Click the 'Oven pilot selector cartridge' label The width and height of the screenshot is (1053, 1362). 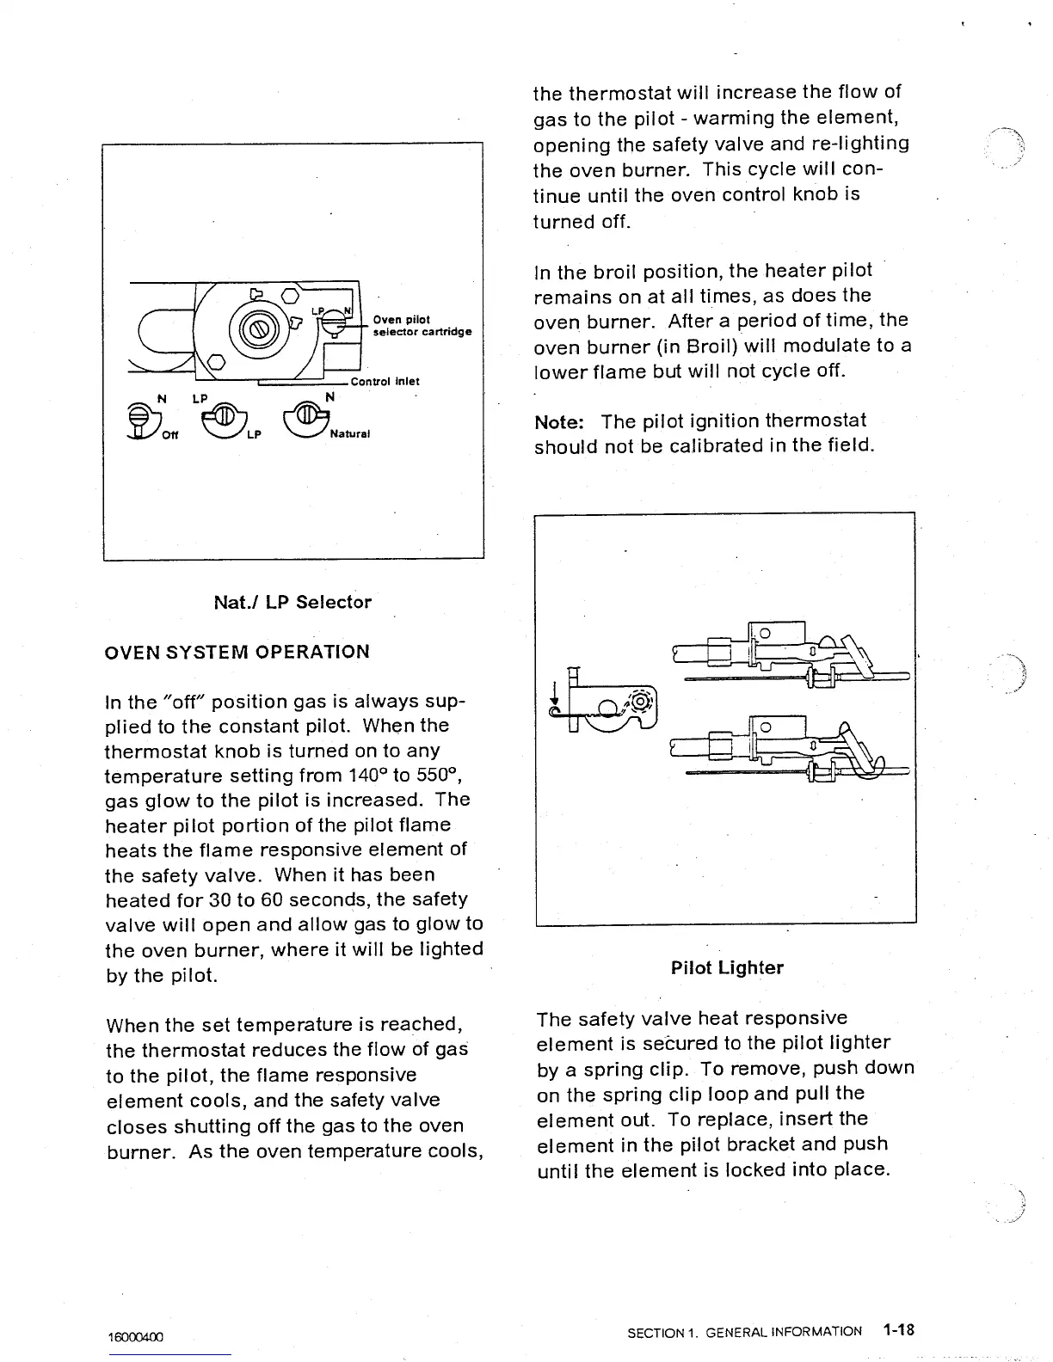point(422,325)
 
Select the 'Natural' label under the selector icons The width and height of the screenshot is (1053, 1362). point(349,434)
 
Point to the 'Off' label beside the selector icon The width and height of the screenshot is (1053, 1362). point(170,434)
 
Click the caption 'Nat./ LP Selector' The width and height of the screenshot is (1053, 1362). point(292,602)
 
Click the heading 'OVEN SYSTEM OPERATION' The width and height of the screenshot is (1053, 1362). point(237,652)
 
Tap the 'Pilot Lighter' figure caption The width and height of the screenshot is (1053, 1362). point(727,968)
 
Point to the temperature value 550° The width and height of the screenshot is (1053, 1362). point(442,776)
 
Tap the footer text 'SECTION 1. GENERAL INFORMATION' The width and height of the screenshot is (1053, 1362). point(744,1332)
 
